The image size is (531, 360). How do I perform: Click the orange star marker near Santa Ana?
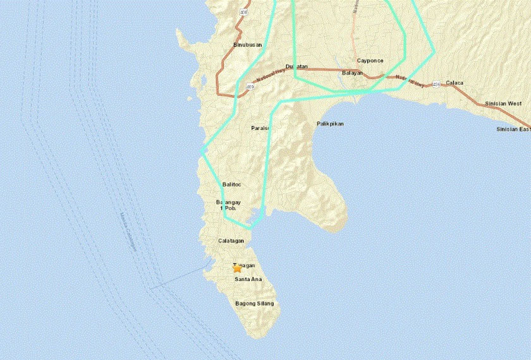point(238,268)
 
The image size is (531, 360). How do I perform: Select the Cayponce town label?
point(370,61)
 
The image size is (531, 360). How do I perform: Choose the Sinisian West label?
point(503,103)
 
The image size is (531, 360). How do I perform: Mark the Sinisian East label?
point(513,129)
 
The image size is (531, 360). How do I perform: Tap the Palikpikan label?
point(329,124)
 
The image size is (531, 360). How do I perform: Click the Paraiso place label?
point(260,128)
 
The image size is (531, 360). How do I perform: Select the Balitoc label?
point(233,184)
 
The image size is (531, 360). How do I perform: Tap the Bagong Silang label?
point(255,304)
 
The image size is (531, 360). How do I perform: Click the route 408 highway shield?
point(244,12)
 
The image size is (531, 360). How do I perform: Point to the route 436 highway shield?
point(436,83)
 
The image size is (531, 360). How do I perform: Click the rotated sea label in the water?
point(127,234)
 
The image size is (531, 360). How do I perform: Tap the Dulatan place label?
point(296,66)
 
